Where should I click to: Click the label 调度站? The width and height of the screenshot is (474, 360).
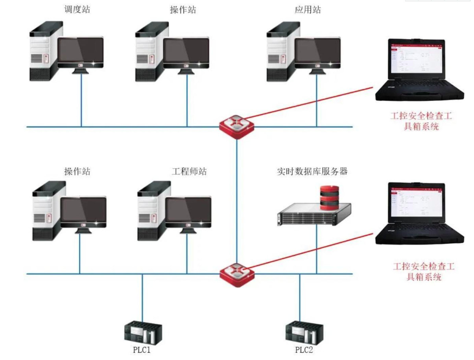pyautogui.click(x=77, y=9)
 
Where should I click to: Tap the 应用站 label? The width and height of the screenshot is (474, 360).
pyautogui.click(x=308, y=9)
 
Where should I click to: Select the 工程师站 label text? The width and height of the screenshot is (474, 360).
pyautogui.click(x=189, y=171)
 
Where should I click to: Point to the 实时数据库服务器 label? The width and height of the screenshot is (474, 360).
pyautogui.click(x=312, y=171)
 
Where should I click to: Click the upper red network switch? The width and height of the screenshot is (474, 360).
pyautogui.click(x=236, y=126)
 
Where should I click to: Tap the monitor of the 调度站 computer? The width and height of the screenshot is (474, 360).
pyautogui.click(x=81, y=51)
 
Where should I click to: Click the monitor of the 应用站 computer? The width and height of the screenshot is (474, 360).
pyautogui.click(x=317, y=51)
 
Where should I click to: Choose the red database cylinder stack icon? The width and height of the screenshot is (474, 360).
pyautogui.click(x=329, y=197)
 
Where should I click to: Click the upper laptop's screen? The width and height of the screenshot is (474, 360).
pyautogui.click(x=417, y=59)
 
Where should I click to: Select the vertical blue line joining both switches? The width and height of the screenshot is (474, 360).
pyautogui.click(x=236, y=200)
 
